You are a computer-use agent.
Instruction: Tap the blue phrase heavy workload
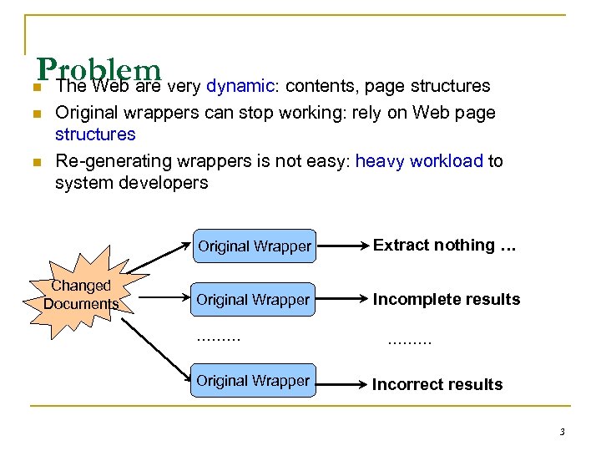(x=419, y=160)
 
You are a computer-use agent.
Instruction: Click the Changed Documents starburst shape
(x=81, y=295)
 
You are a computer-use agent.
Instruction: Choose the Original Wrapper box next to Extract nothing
(x=254, y=246)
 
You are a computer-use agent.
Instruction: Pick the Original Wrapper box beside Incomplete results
(x=254, y=300)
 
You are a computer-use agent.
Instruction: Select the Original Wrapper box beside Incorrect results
(x=254, y=381)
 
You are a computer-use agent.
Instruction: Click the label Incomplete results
(x=446, y=299)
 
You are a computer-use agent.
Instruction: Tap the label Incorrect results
(x=437, y=384)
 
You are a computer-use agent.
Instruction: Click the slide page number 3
(x=562, y=432)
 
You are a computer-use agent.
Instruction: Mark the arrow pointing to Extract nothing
(x=343, y=246)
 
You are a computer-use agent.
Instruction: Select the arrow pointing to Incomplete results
(x=343, y=300)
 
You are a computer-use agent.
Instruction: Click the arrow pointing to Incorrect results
(x=343, y=382)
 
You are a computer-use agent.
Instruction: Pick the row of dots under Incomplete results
(x=410, y=341)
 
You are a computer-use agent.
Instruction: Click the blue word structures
(x=95, y=134)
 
